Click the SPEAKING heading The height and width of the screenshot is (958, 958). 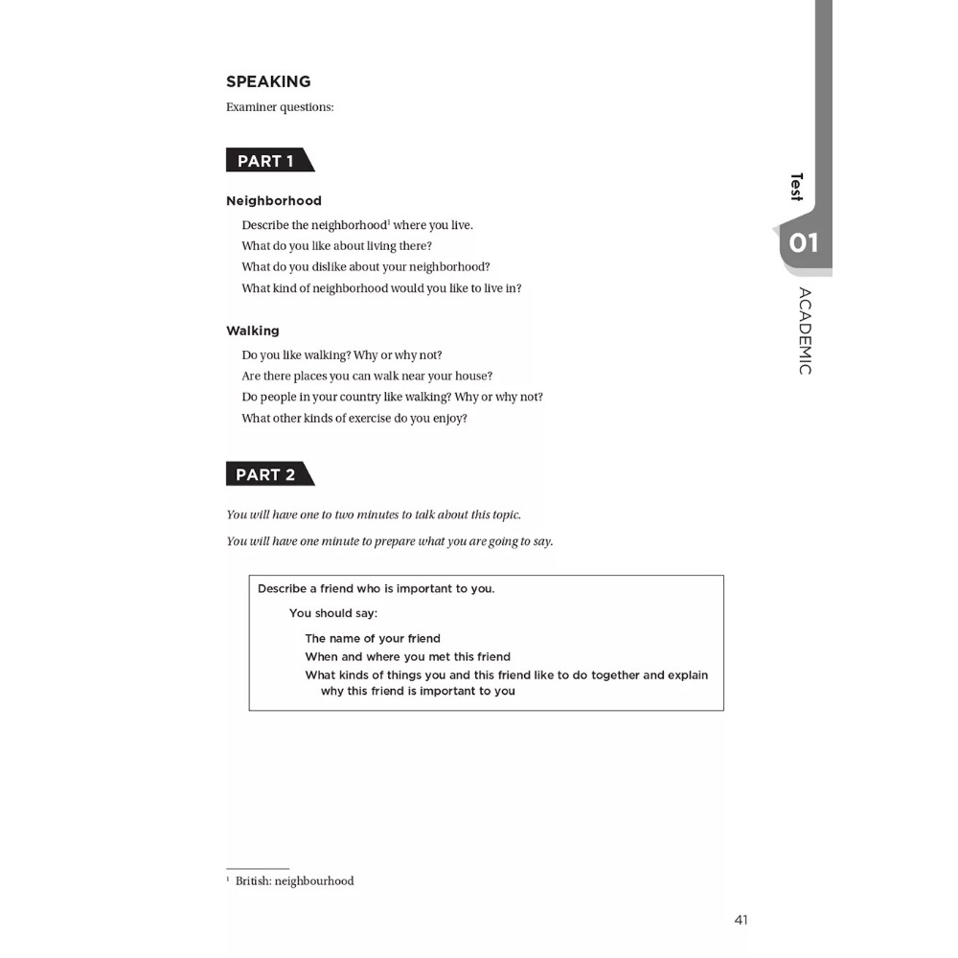268,81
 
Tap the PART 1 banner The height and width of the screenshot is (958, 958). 266,161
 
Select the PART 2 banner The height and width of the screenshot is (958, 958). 266,474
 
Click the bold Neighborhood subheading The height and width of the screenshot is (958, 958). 274,201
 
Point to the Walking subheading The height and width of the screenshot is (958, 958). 253,331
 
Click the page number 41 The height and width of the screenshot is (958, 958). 741,920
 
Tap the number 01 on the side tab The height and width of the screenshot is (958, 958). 804,243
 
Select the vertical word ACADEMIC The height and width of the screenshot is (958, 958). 805,331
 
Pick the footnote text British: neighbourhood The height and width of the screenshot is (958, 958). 294,881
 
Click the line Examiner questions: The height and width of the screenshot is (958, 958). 280,107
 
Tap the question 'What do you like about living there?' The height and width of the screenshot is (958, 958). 337,246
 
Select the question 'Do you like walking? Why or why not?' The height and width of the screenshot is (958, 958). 342,355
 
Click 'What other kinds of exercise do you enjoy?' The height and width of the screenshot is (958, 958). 354,419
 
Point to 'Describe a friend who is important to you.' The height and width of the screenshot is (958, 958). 376,588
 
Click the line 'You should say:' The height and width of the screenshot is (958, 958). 333,613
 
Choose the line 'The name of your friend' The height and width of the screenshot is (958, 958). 373,638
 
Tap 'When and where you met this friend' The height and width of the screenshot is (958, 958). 408,656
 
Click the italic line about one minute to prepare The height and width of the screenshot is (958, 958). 390,541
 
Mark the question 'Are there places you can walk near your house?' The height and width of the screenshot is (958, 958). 367,376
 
